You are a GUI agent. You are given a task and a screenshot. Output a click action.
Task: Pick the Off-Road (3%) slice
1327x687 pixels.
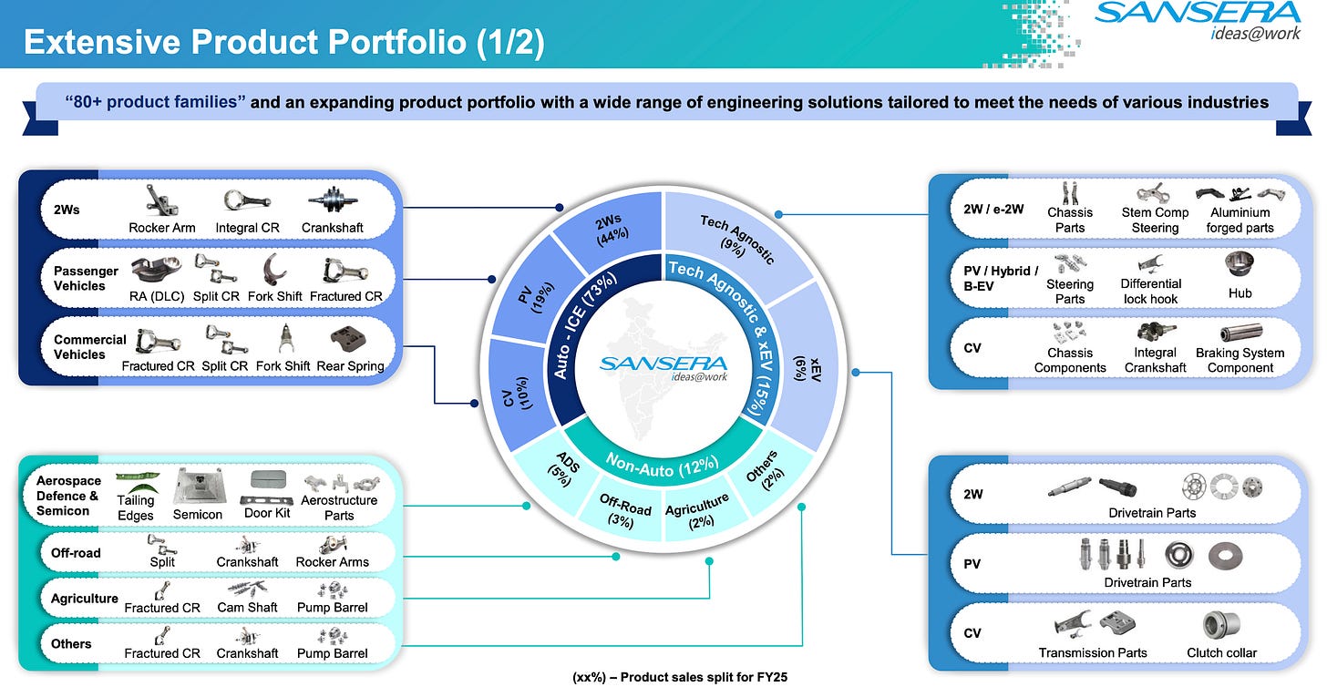coord(625,510)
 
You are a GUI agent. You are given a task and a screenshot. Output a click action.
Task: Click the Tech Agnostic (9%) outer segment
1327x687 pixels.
coord(736,239)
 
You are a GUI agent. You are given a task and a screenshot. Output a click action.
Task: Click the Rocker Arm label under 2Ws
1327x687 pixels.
coord(162,227)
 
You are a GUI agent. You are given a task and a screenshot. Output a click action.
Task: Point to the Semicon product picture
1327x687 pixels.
coord(198,486)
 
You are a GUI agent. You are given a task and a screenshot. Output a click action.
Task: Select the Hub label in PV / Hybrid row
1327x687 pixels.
coord(1240,292)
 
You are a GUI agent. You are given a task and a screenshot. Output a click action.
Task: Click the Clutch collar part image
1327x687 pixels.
coord(1221,625)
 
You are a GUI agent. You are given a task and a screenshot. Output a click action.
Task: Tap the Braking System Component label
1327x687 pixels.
coord(1240,360)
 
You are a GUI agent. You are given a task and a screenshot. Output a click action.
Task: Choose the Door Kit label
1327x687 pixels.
coord(268,513)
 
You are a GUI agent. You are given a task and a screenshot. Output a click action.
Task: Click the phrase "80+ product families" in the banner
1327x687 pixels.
coord(156,102)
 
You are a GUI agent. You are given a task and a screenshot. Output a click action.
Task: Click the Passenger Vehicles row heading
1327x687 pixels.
coord(86,278)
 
